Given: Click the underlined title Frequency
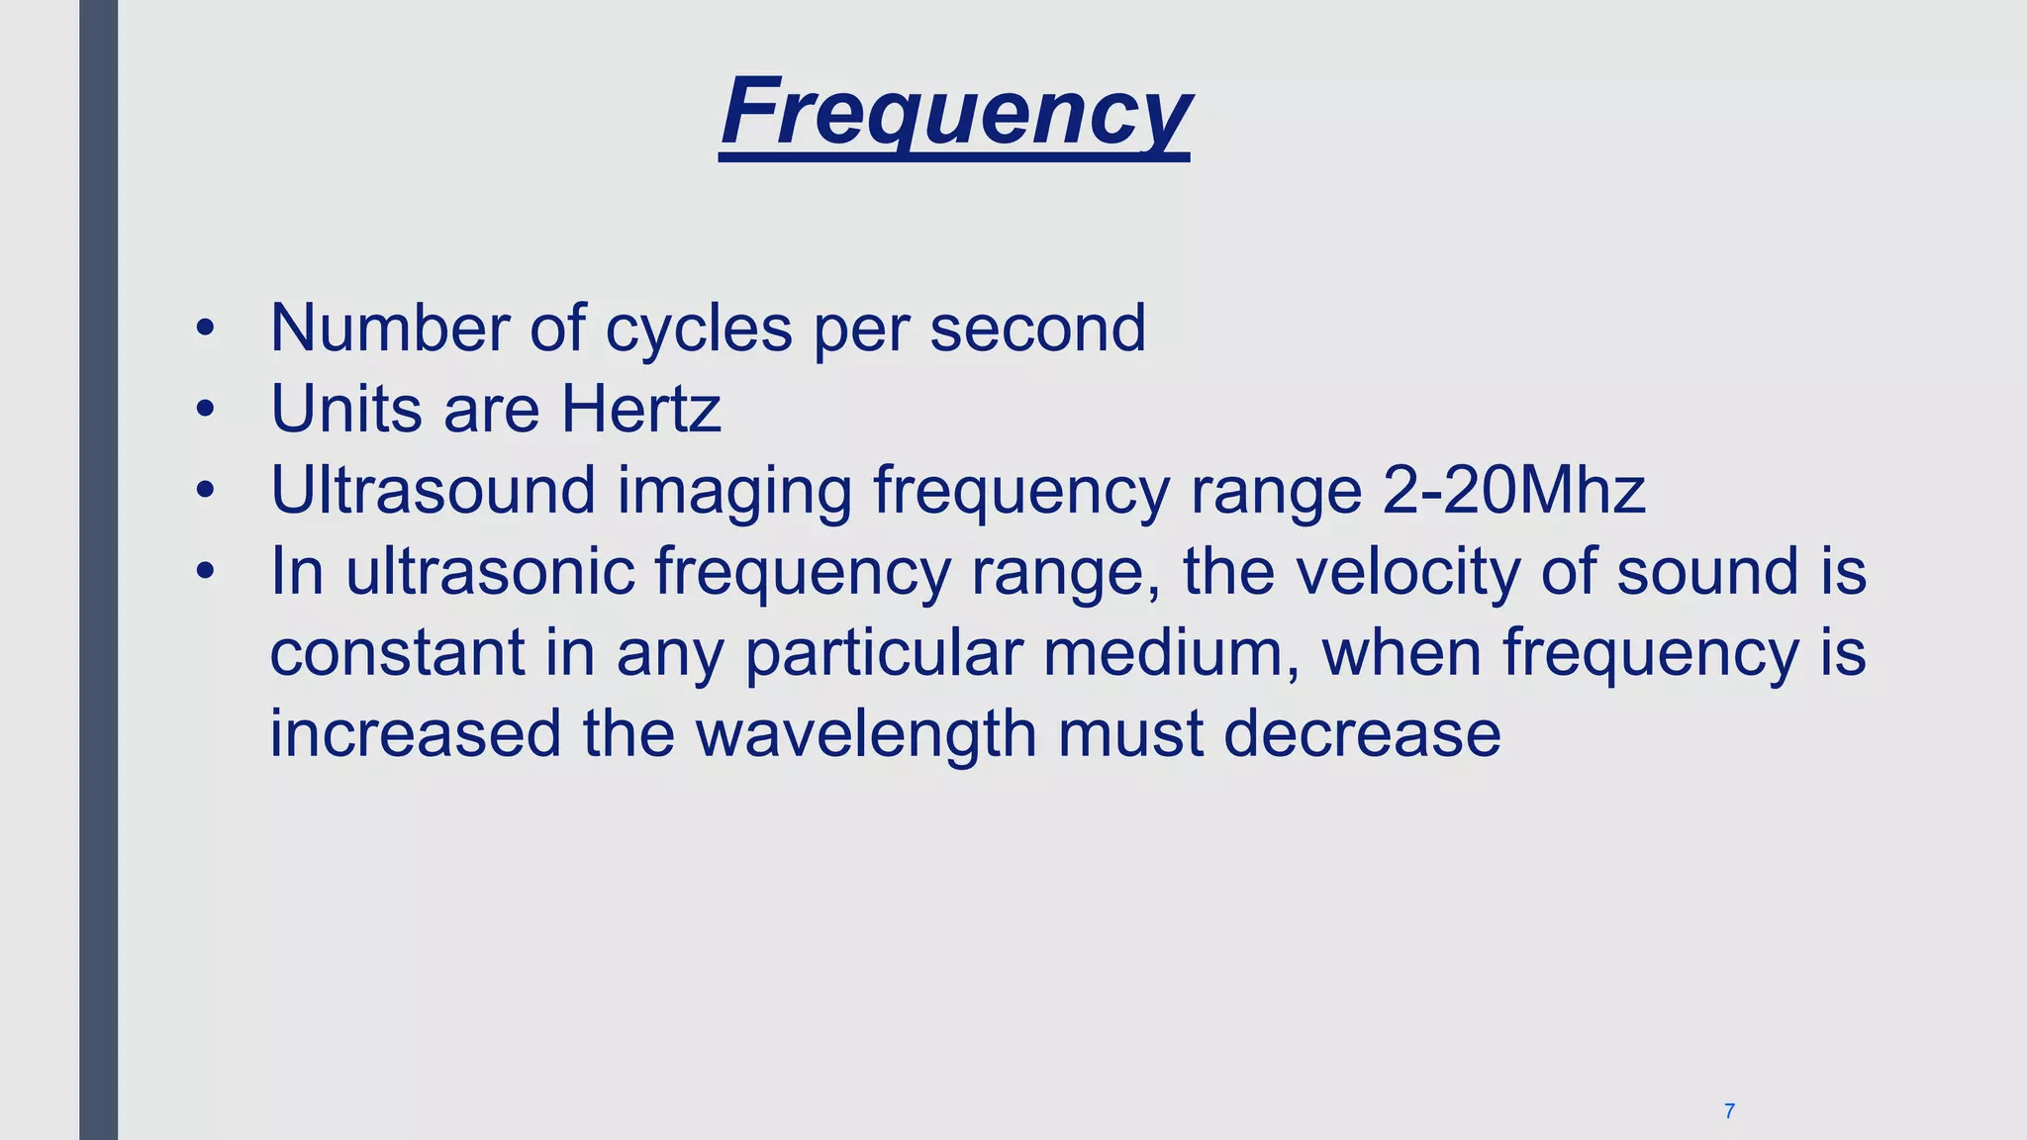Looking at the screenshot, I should [955, 113].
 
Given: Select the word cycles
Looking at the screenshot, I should [699, 330].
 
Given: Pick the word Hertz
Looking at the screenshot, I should [641, 409].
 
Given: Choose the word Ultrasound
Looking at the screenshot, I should [434, 490].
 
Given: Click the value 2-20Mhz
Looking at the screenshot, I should [1513, 490].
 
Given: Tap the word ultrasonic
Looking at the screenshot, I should [490, 571].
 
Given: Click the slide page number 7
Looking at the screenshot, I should [1729, 1111].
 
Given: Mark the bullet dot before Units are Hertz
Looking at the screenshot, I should [205, 409].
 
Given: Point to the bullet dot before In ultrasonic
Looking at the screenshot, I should [205, 571].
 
